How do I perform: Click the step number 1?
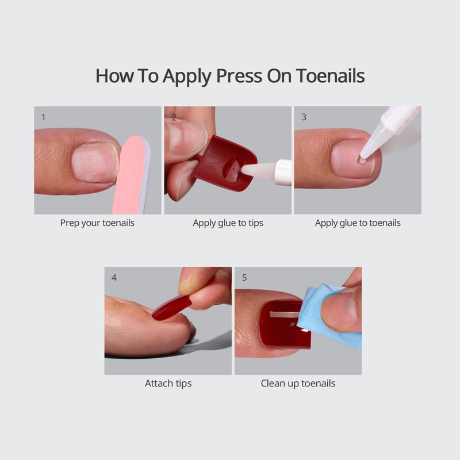click(44, 117)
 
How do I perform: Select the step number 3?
click(304, 117)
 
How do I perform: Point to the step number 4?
click(114, 277)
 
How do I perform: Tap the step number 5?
click(244, 277)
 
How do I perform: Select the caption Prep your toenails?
click(97, 223)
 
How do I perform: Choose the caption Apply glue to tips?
click(228, 223)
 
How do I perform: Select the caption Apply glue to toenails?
click(358, 223)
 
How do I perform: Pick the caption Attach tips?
click(168, 383)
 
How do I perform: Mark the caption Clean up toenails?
click(298, 383)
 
